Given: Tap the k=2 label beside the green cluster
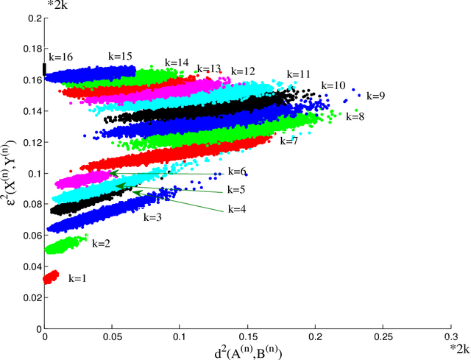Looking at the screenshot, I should tap(101, 244).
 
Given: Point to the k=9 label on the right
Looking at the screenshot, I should tap(375, 96).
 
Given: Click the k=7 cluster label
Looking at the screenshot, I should tap(289, 140).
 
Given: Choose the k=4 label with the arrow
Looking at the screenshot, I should tap(236, 208).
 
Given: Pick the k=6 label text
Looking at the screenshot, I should tap(236, 172).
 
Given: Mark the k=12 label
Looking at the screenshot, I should tap(243, 71).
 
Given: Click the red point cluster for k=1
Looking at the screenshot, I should tap(51, 278).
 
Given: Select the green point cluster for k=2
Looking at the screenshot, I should tap(65, 244).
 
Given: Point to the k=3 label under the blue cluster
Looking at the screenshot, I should tap(152, 218).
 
